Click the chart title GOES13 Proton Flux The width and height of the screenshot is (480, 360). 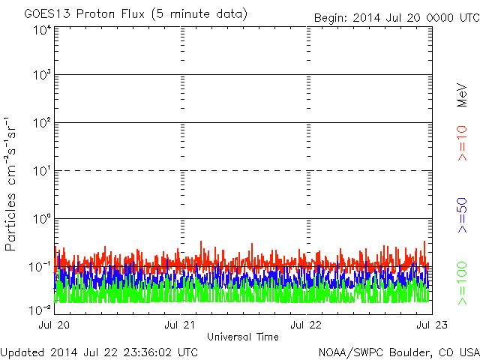click(84, 14)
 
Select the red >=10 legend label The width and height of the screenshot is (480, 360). click(462, 143)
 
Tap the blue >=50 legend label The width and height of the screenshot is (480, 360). click(462, 215)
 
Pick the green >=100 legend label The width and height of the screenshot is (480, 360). click(462, 283)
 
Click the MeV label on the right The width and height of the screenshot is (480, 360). click(462, 95)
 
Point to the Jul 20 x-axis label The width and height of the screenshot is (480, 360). click(54, 325)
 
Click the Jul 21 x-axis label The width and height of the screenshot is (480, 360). click(180, 325)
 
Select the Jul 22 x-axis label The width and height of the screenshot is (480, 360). click(306, 325)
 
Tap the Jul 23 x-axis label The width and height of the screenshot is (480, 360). click(432, 325)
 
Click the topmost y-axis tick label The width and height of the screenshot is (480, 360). click(42, 30)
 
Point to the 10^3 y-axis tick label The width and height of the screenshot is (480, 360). click(42, 74)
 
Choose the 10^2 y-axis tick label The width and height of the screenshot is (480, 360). click(42, 122)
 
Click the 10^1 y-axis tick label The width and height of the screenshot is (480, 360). click(42, 170)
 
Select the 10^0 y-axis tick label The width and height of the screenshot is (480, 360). click(42, 218)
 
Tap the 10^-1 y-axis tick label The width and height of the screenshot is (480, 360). click(40, 267)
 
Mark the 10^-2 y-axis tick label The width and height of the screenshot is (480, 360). click(40, 310)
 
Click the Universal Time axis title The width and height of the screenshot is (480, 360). click(243, 337)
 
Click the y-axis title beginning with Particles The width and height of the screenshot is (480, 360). click(10, 184)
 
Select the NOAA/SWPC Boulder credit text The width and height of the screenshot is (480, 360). click(399, 352)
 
